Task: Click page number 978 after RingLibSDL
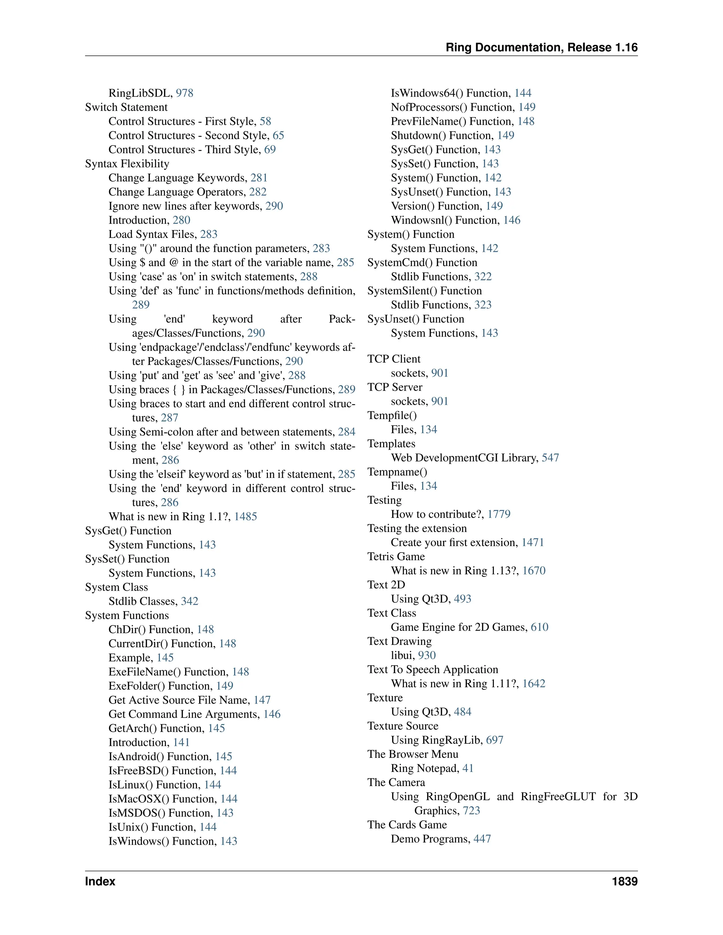pyautogui.click(x=185, y=93)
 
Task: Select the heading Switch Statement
pyautogui.click(x=126, y=108)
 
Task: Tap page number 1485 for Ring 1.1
pyautogui.click(x=245, y=517)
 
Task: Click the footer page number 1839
pyautogui.click(x=625, y=881)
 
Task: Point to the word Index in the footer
pyautogui.click(x=100, y=881)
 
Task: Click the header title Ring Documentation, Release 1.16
pyautogui.click(x=542, y=48)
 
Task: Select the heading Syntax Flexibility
pyautogui.click(x=127, y=164)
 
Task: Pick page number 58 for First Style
pyautogui.click(x=265, y=122)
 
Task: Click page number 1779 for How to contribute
pyautogui.click(x=499, y=514)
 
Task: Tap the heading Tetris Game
pyautogui.click(x=396, y=556)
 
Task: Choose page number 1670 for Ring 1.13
pyautogui.click(x=534, y=571)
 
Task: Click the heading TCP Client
pyautogui.click(x=394, y=359)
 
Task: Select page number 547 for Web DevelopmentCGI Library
pyautogui.click(x=550, y=458)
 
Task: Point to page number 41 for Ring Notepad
pyautogui.click(x=468, y=768)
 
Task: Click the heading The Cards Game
pyautogui.click(x=407, y=825)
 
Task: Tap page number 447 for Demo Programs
pyautogui.click(x=482, y=839)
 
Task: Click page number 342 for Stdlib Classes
pyautogui.click(x=190, y=602)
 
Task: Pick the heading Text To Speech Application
pyautogui.click(x=432, y=670)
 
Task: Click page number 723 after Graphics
pyautogui.click(x=471, y=811)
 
